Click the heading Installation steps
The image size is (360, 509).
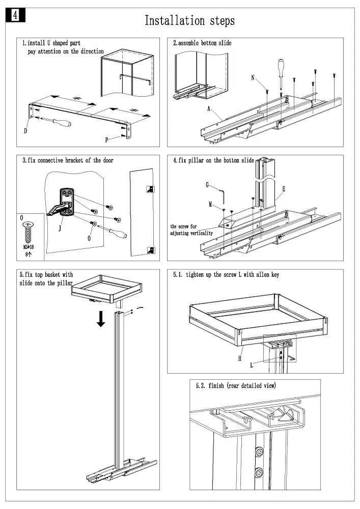(x=189, y=21)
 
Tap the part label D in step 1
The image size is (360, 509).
(x=25, y=131)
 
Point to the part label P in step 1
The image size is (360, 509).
(x=107, y=139)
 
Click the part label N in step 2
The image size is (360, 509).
(x=253, y=78)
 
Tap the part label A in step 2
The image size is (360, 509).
(x=209, y=109)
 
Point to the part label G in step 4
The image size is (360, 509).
(x=208, y=185)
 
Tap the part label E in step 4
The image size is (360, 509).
(x=284, y=189)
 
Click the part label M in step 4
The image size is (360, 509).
(x=210, y=204)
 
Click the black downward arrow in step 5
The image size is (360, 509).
(x=102, y=319)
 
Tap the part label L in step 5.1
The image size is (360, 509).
(x=252, y=365)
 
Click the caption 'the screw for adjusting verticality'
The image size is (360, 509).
(x=191, y=230)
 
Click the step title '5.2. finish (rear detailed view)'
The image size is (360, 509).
(x=236, y=386)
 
